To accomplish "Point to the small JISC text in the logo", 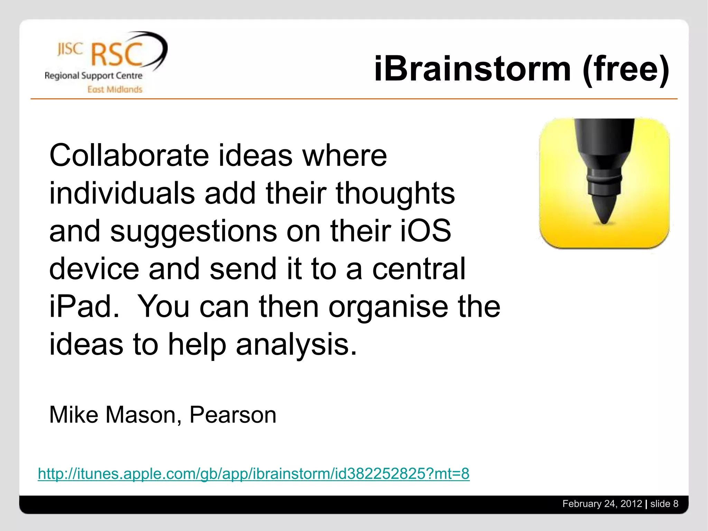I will [70, 49].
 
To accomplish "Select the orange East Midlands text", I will [115, 90].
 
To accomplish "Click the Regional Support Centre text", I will [93, 76].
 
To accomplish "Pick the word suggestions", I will [194, 231].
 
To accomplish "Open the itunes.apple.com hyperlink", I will [253, 474].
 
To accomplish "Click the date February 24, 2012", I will [602, 504].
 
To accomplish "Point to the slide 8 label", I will [664, 504].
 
